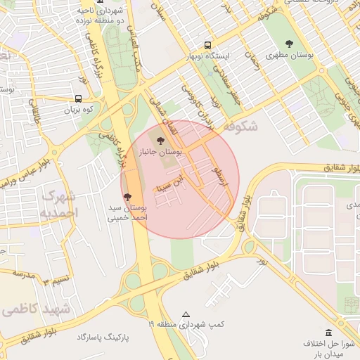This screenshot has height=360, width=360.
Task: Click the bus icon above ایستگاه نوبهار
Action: click(207, 44)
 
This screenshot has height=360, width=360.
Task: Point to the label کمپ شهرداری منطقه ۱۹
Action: click(186, 325)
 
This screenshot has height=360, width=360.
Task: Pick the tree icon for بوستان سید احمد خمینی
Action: click(127, 198)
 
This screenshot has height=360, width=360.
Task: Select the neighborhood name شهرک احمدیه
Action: click(60, 203)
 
